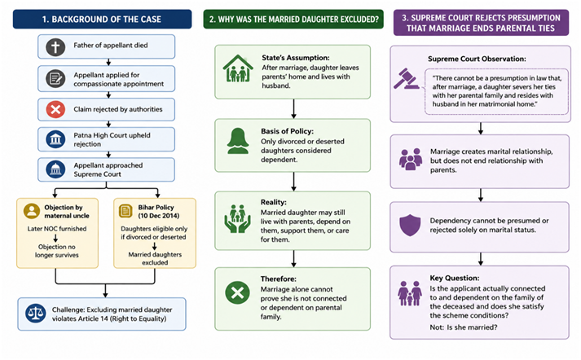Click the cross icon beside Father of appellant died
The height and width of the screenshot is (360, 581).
(x=55, y=47)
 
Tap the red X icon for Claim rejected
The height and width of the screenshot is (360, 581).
(x=55, y=110)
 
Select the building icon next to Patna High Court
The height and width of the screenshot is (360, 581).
(x=55, y=139)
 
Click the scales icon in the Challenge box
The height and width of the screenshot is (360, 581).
(x=36, y=314)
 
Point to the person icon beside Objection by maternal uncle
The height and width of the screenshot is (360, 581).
(x=32, y=211)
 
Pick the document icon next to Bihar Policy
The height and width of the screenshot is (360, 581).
(x=125, y=211)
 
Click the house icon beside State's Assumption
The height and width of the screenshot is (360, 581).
(x=238, y=68)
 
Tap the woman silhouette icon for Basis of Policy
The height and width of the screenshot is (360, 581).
(x=238, y=141)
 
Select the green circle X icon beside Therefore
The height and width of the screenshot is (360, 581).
(x=237, y=292)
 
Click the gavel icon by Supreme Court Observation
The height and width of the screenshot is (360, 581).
(x=406, y=78)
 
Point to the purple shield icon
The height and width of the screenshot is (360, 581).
(x=410, y=225)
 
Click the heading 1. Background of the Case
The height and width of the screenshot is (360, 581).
(x=102, y=20)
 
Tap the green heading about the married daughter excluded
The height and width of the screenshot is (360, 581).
(x=294, y=20)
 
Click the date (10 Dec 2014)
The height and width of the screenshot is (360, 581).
(x=159, y=216)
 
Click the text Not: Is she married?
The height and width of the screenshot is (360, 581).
(x=464, y=327)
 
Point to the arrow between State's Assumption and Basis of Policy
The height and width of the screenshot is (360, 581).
(x=293, y=108)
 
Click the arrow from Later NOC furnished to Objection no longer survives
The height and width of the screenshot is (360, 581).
(x=55, y=238)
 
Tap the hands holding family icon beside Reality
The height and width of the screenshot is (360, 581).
(x=237, y=218)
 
